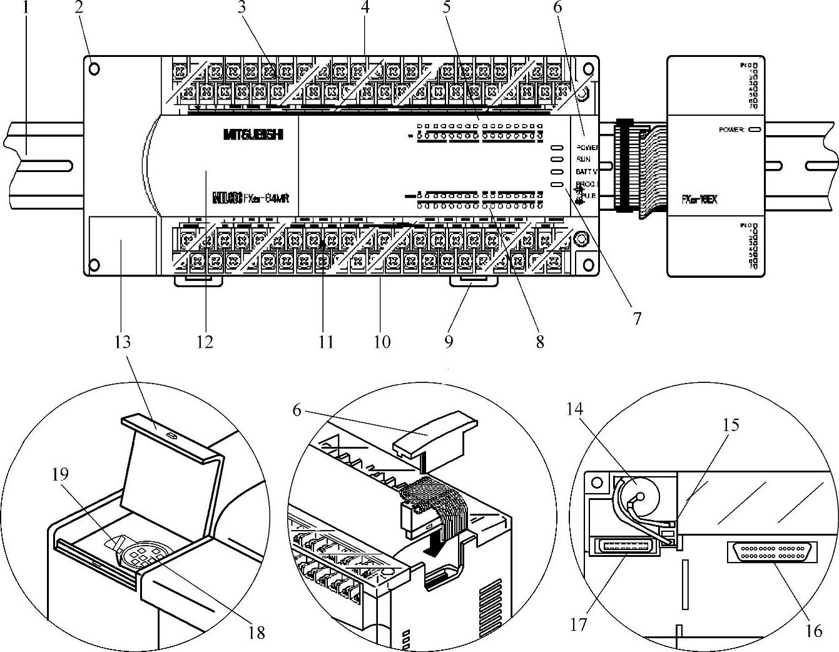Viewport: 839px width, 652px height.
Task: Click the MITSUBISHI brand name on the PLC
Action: pyautogui.click(x=252, y=134)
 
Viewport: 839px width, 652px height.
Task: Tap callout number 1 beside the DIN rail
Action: pyautogui.click(x=26, y=9)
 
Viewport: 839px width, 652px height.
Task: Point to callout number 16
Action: pyautogui.click(x=813, y=631)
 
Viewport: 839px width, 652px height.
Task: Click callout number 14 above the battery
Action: pyautogui.click(x=574, y=409)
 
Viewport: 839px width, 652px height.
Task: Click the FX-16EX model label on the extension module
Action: pyautogui.click(x=699, y=200)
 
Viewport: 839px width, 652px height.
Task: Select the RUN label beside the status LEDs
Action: pyautogui.click(x=584, y=160)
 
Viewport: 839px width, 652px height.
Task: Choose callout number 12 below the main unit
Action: pyautogui.click(x=205, y=342)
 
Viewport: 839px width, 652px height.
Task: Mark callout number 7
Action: pyautogui.click(x=637, y=319)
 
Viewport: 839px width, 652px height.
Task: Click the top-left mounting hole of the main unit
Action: pyautogui.click(x=94, y=68)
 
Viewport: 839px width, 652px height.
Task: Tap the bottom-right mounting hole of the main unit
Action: pyautogui.click(x=588, y=265)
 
